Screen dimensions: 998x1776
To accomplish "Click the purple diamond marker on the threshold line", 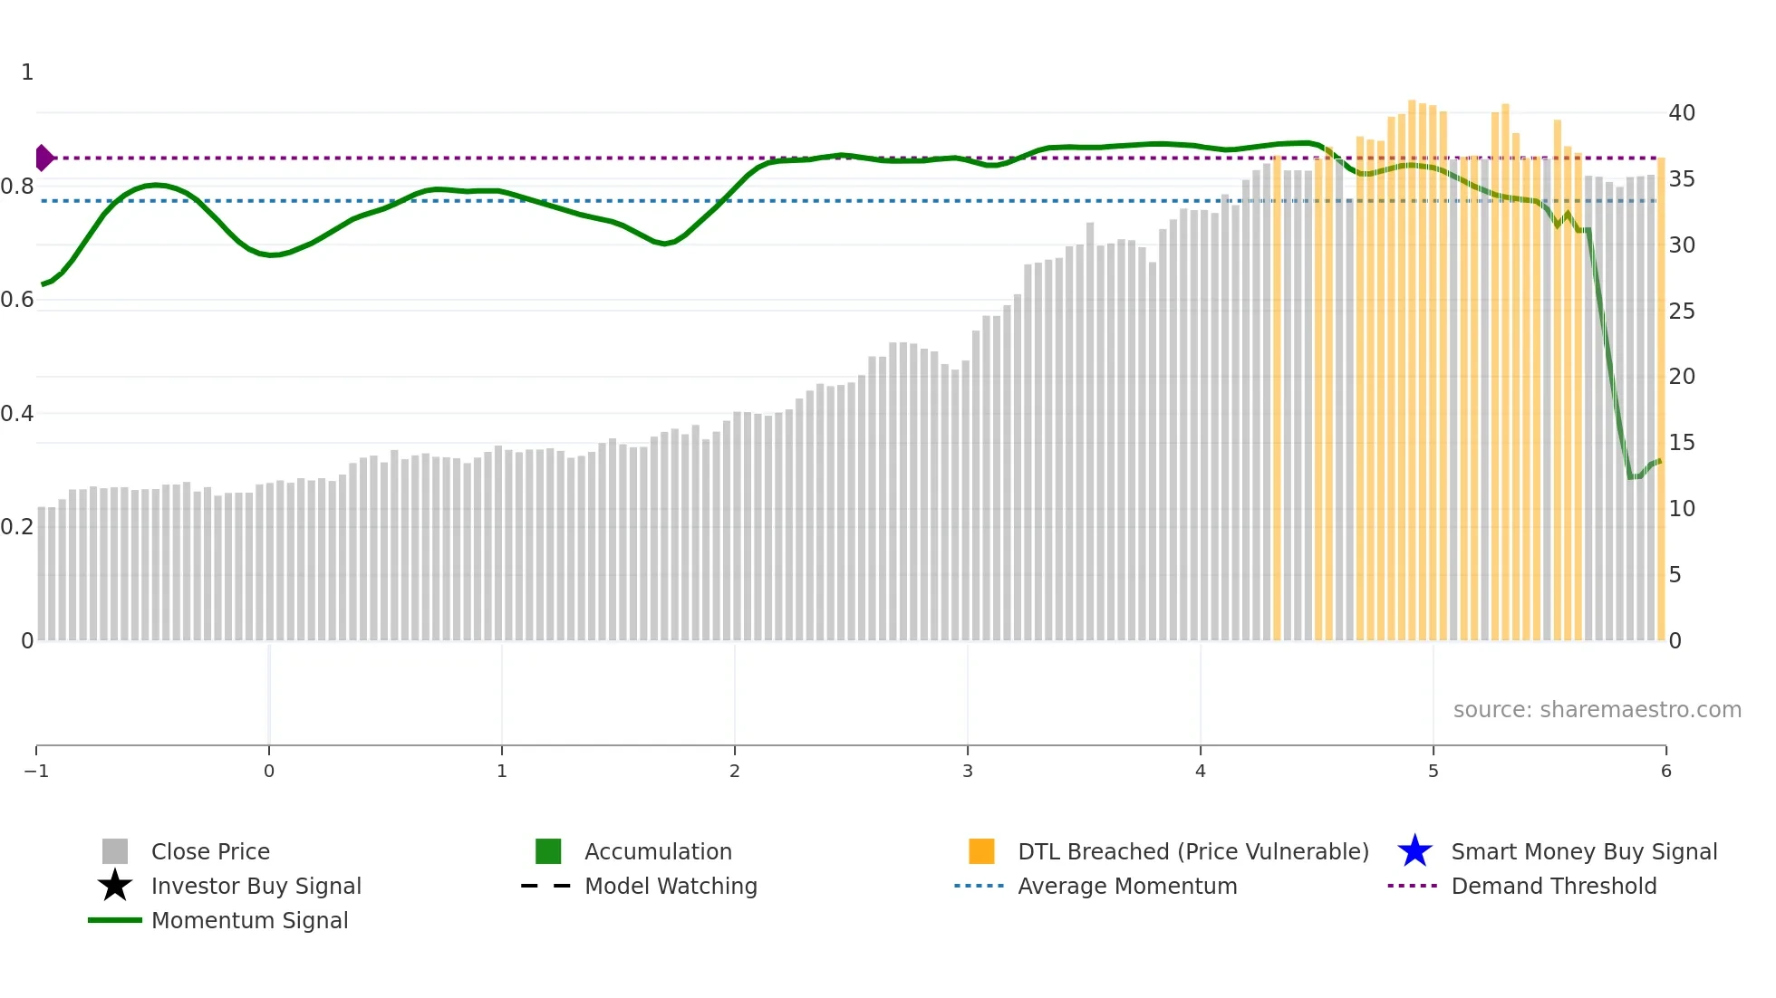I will pyautogui.click(x=43, y=158).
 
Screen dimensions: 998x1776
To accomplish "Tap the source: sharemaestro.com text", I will pyautogui.click(x=1597, y=710).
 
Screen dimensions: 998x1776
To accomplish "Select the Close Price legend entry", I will pyautogui.click(x=210, y=852).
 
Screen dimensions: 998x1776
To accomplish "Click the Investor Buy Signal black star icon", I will pyautogui.click(x=115, y=886).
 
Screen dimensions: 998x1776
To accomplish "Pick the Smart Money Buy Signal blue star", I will pyautogui.click(x=1414, y=851).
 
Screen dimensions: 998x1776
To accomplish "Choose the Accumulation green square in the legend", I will pyautogui.click(x=548, y=851).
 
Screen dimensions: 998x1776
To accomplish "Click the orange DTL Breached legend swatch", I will pyautogui.click(x=981, y=851).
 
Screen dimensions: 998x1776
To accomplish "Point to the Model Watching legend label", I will pyautogui.click(x=671, y=887).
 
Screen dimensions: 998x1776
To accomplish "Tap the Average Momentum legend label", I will pyautogui.click(x=1127, y=887).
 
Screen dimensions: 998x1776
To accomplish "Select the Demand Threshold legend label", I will pyautogui.click(x=1553, y=887).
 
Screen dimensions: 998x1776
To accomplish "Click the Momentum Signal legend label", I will pyautogui.click(x=249, y=921).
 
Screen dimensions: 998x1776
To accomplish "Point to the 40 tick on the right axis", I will pyautogui.click(x=1682, y=113).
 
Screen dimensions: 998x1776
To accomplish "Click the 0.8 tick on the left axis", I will pyautogui.click(x=17, y=187).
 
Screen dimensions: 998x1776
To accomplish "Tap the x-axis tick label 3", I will pyautogui.click(x=968, y=772).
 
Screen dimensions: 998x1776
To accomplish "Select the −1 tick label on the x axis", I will pyautogui.click(x=36, y=772).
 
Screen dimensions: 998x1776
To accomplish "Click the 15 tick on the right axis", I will pyautogui.click(x=1682, y=443).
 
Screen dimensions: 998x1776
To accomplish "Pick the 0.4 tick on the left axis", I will pyautogui.click(x=17, y=414).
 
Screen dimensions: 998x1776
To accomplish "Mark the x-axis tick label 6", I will pyautogui.click(x=1665, y=772).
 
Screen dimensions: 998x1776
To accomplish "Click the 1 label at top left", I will pyautogui.click(x=27, y=72).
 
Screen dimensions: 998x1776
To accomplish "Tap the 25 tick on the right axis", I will pyautogui.click(x=1682, y=312).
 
